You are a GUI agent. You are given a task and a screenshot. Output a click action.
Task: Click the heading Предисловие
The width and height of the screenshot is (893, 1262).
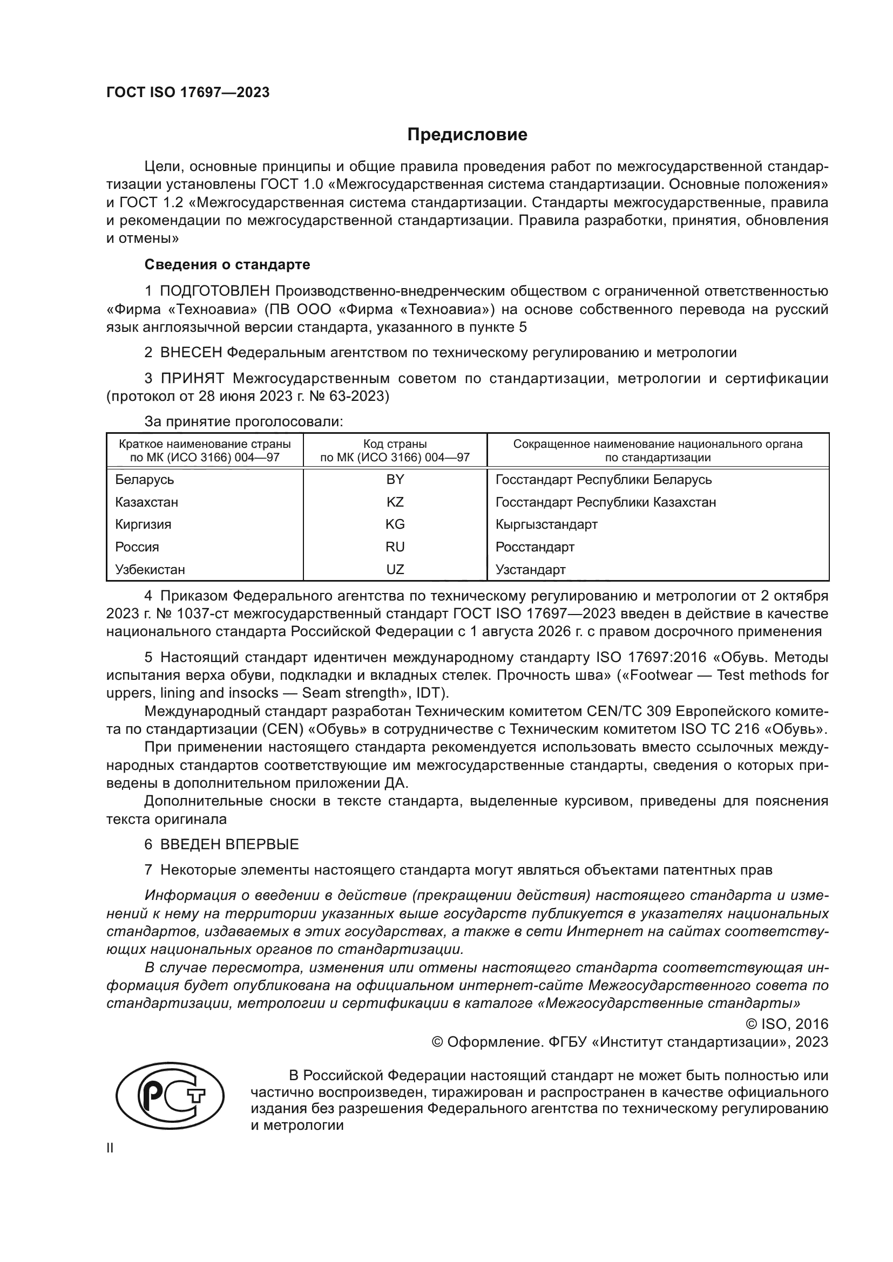[467, 135]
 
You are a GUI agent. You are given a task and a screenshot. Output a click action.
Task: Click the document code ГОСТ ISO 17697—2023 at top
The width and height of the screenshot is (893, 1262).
[188, 93]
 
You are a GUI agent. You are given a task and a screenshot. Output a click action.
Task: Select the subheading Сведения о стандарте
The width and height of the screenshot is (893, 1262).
[227, 264]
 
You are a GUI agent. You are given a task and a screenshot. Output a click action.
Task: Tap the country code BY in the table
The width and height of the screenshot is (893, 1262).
[395, 480]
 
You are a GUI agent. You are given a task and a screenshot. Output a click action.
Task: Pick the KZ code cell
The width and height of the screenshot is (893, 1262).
[395, 502]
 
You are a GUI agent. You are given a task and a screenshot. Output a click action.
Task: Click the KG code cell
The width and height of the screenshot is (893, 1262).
[395, 524]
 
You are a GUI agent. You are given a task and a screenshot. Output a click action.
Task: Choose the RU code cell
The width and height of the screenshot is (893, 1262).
[395, 547]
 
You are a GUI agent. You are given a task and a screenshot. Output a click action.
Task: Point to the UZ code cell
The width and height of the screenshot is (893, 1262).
[395, 569]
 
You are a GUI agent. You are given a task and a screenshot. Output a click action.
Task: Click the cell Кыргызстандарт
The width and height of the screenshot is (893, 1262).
[546, 524]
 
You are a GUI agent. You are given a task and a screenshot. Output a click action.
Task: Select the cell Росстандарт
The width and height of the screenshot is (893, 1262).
[535, 547]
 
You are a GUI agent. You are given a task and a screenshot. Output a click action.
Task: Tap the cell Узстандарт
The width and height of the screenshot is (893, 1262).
[530, 569]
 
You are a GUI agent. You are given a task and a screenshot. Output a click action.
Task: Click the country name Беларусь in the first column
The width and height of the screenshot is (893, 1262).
[145, 480]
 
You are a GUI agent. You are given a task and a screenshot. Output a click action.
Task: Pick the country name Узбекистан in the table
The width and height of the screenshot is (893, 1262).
[150, 569]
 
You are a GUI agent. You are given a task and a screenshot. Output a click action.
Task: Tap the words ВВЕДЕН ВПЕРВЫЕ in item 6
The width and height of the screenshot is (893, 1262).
[229, 844]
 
